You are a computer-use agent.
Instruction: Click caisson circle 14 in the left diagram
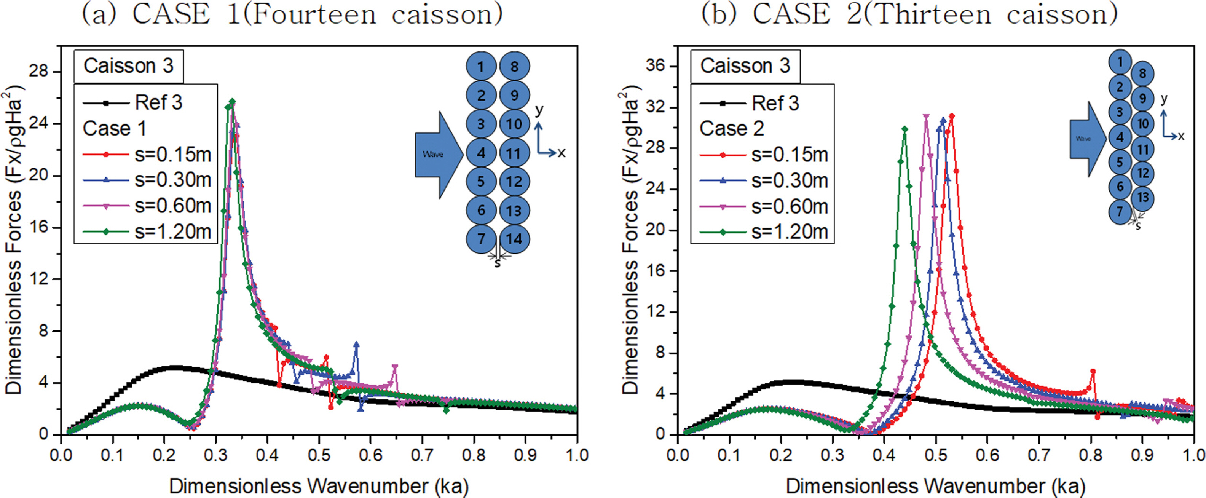514,239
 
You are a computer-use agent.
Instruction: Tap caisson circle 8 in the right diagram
1143,74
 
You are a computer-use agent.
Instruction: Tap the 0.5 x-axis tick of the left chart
319,455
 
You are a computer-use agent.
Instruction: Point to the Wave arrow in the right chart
1086,139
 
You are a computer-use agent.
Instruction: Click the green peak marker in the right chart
904,129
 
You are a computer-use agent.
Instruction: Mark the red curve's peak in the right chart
952,116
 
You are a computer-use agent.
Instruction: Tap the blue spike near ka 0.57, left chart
356,345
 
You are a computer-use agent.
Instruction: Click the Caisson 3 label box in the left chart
128,66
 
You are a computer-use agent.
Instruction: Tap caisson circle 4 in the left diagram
481,153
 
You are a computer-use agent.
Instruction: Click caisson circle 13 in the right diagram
1143,197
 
